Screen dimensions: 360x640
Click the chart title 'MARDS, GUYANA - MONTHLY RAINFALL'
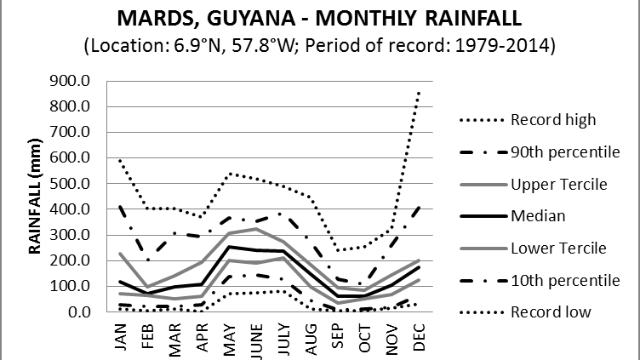[x=319, y=18]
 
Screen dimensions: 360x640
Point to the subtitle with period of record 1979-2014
[x=319, y=44]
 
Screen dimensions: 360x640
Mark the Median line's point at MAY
[x=227, y=247]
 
